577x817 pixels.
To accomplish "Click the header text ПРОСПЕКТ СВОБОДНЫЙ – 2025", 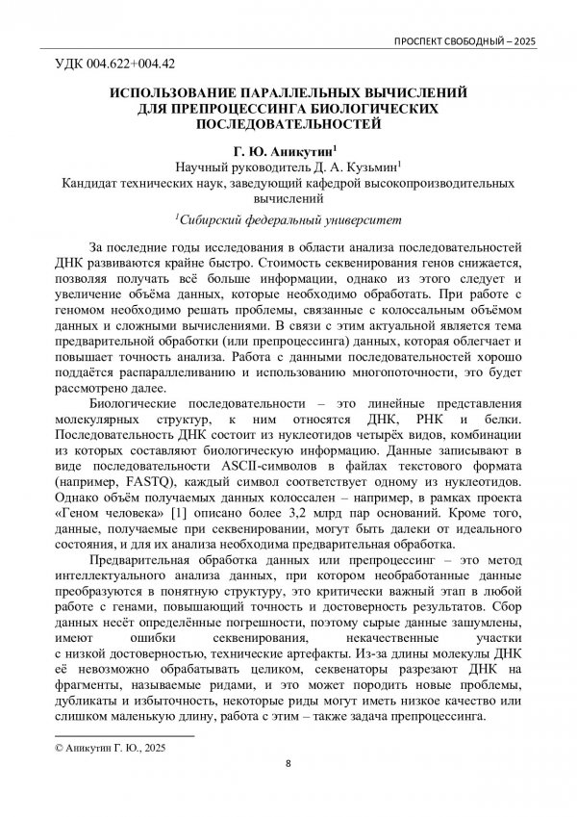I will click(464, 43).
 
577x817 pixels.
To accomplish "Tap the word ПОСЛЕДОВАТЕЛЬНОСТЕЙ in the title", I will click(288, 124).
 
